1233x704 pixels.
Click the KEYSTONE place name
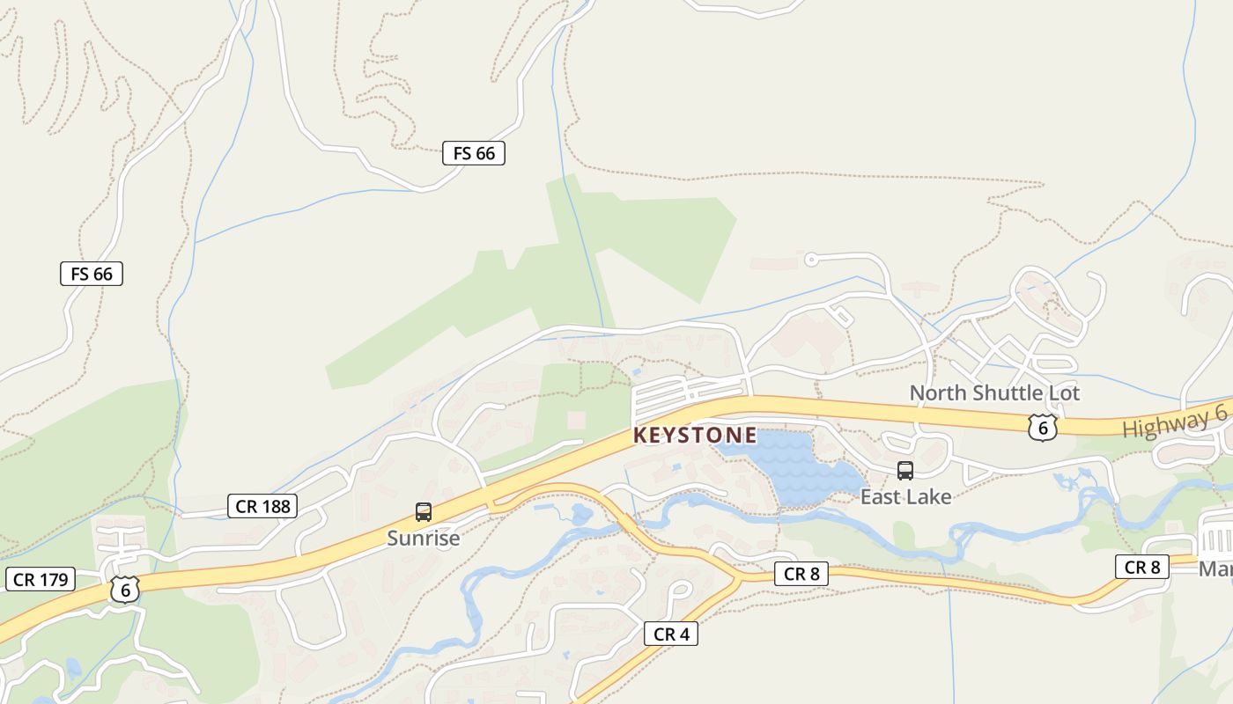click(694, 435)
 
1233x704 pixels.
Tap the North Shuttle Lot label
click(994, 392)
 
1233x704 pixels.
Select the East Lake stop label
click(905, 496)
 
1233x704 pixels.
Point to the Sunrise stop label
click(424, 538)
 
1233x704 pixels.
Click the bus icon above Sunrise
click(424, 512)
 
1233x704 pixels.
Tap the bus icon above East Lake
click(905, 471)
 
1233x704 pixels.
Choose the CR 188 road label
click(262, 506)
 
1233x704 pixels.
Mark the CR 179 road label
click(41, 579)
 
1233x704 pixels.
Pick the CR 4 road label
click(671, 634)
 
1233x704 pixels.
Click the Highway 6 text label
click(1175, 422)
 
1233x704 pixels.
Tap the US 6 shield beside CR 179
click(125, 590)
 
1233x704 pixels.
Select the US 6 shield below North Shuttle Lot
click(1042, 428)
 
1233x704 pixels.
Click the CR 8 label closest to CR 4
click(801, 574)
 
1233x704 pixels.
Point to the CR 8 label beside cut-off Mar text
click(1142, 568)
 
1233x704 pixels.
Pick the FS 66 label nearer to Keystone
click(474, 153)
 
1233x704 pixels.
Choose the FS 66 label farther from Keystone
click(92, 274)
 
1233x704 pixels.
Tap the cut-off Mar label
click(1215, 569)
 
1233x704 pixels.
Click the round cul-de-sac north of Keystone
click(811, 259)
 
